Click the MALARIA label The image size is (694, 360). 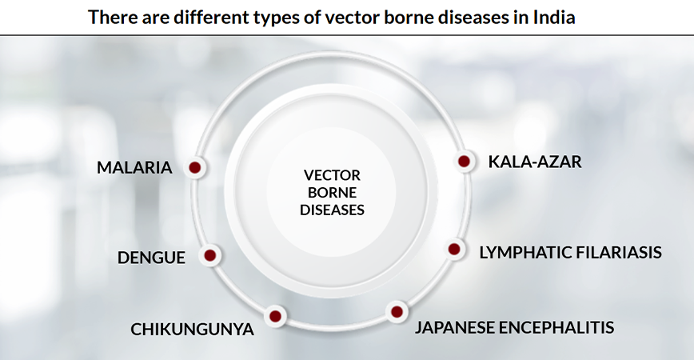(x=134, y=168)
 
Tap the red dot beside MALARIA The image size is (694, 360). (x=193, y=168)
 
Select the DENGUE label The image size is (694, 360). (x=151, y=258)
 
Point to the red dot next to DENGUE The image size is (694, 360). (x=209, y=256)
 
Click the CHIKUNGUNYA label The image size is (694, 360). (x=193, y=329)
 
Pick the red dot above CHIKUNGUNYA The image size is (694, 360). (x=275, y=315)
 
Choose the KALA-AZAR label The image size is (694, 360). (x=535, y=162)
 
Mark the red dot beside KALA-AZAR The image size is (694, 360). (x=464, y=162)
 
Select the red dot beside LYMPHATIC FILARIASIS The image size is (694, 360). (x=454, y=250)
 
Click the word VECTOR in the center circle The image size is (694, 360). (x=332, y=175)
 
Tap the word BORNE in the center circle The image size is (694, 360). (x=332, y=193)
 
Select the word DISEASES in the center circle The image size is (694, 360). (x=332, y=210)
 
